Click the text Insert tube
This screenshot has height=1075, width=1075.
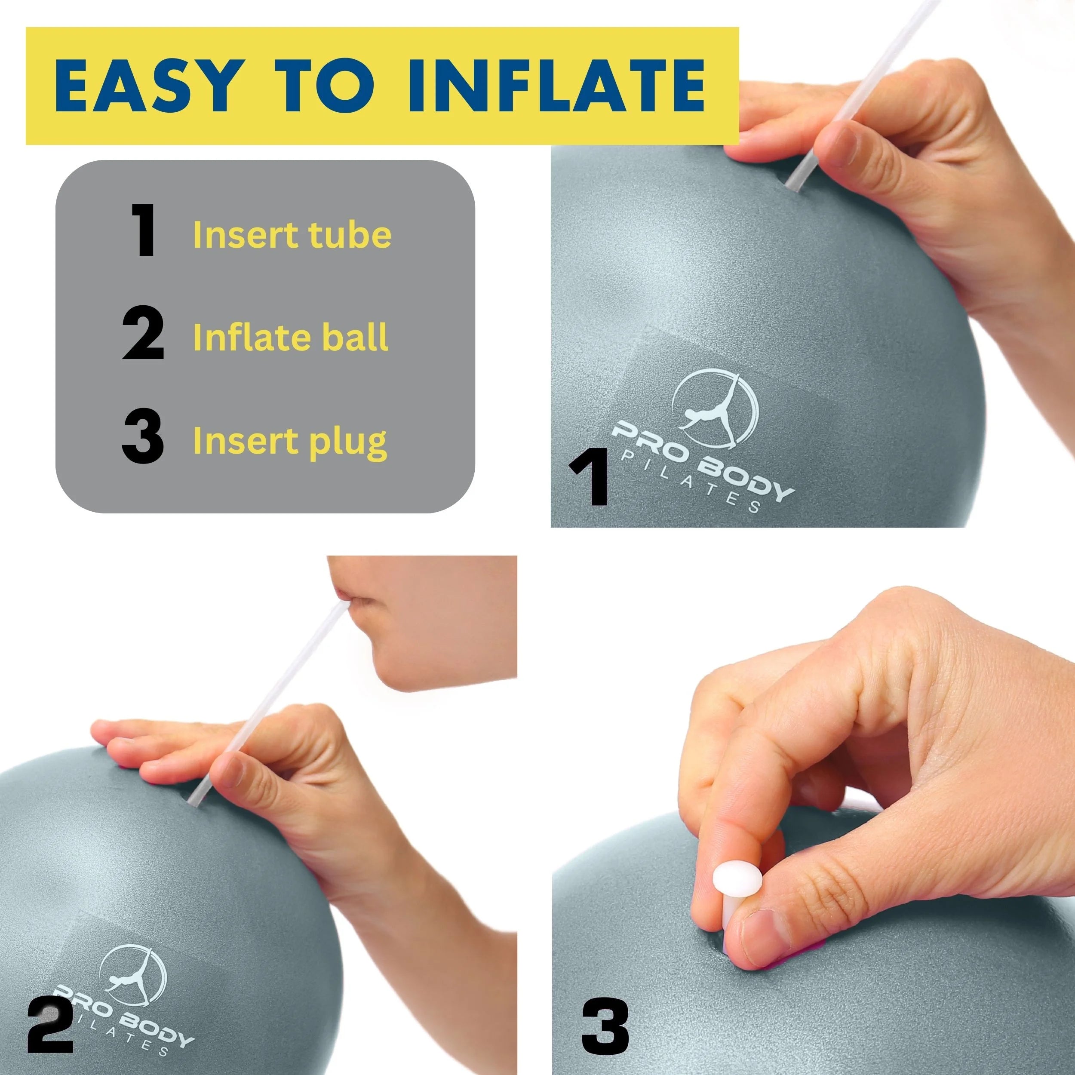tap(292, 235)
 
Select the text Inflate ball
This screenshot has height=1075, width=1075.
tap(290, 337)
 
